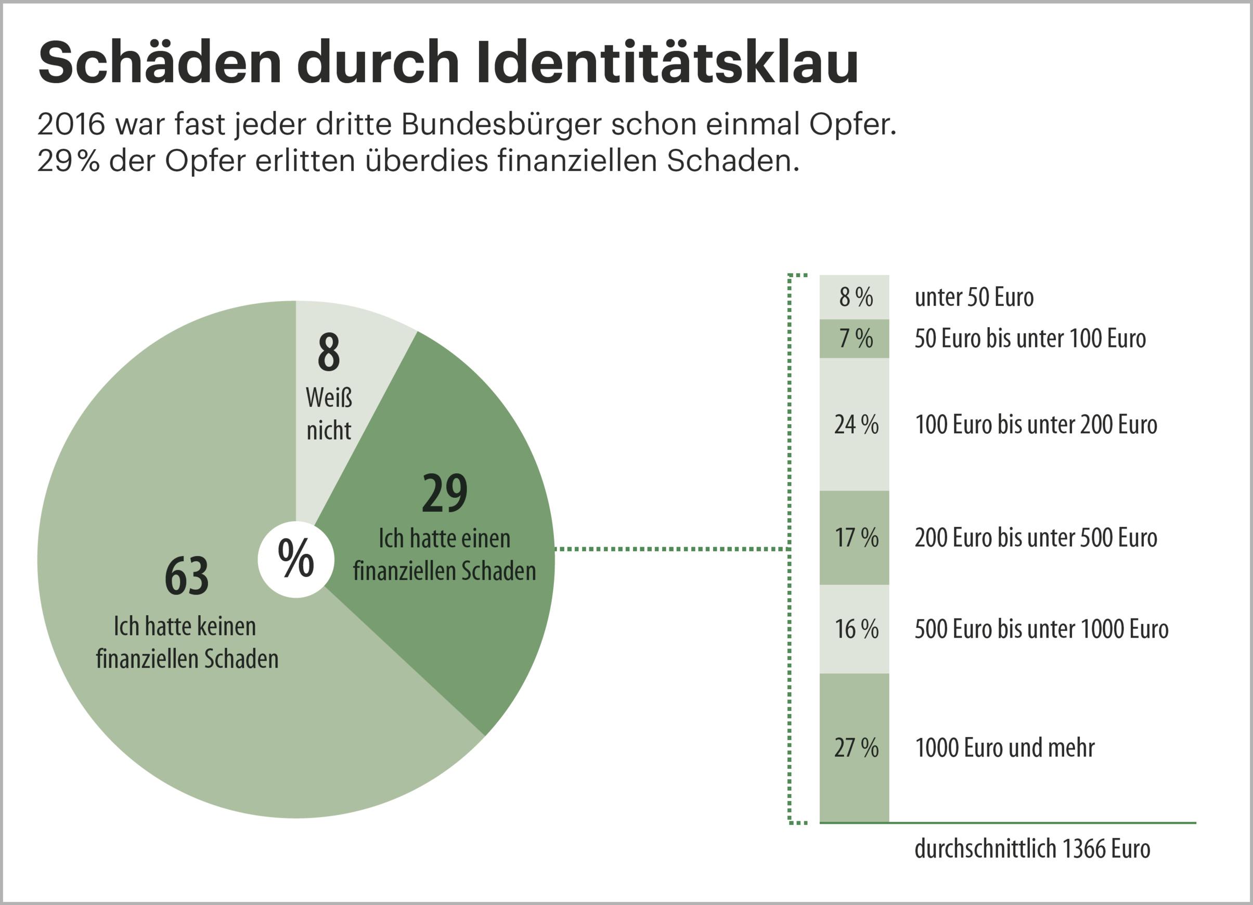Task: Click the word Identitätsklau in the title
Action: click(x=667, y=62)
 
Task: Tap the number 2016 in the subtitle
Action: click(x=71, y=124)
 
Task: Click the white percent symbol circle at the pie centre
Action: click(x=296, y=559)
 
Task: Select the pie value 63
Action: click(x=187, y=576)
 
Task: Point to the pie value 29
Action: click(x=444, y=493)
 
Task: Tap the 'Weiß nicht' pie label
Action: click(x=329, y=413)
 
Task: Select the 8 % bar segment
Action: click(x=854, y=298)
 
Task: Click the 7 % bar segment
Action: click(x=854, y=338)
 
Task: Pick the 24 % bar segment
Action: click(x=854, y=424)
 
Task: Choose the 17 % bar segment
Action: click(x=854, y=537)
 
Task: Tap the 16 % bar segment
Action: click(x=854, y=629)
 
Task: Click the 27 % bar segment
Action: click(x=854, y=747)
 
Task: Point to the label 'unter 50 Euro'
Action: click(x=974, y=298)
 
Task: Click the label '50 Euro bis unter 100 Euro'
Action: click(x=1030, y=338)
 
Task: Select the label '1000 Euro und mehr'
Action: click(x=1004, y=747)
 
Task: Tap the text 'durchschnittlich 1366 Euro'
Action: click(x=1032, y=848)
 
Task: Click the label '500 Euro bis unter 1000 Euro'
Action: click(x=1041, y=629)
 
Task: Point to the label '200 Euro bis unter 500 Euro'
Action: click(x=1036, y=537)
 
